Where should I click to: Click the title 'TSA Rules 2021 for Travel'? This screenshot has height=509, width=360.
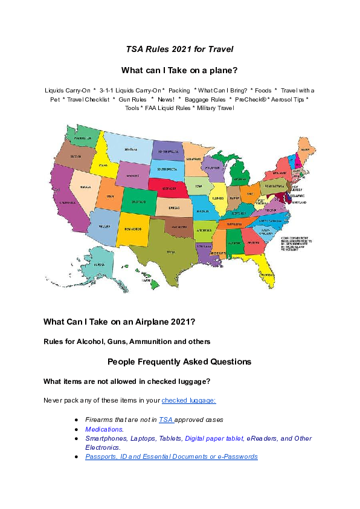[179, 48]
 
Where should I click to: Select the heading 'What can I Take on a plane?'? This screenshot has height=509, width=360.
[179, 70]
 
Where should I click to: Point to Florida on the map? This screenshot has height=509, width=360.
[263, 269]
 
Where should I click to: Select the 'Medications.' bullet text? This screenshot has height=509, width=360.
[104, 429]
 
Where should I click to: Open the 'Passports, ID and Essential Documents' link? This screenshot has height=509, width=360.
[171, 456]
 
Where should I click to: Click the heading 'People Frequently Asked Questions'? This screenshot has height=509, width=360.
[179, 362]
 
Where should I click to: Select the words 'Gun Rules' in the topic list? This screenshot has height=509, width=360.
[130, 99]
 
